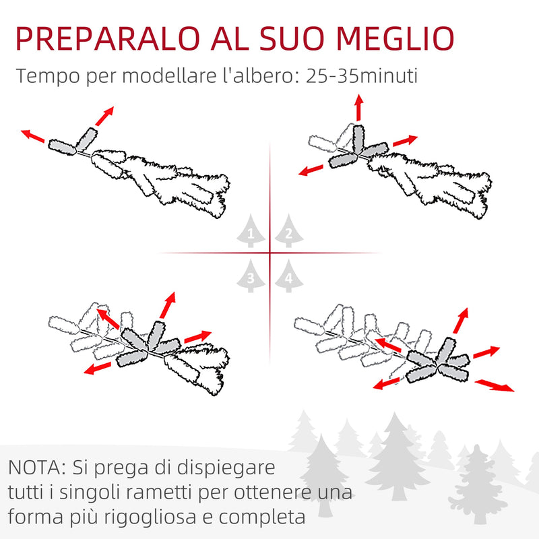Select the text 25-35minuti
(362, 75)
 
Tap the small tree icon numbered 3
(251, 276)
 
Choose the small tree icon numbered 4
(288, 276)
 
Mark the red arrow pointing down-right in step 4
(494, 385)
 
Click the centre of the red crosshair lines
(269, 253)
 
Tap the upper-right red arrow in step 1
(104, 116)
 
